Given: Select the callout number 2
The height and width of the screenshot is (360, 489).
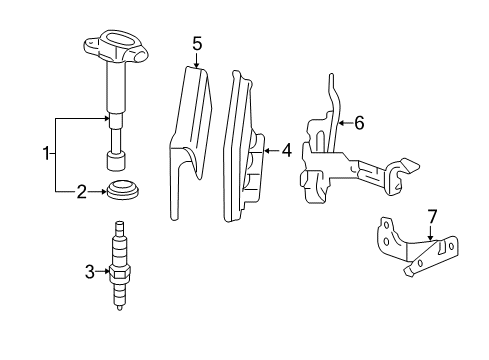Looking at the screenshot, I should (83, 190).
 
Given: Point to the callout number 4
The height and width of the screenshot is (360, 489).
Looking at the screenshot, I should (286, 151).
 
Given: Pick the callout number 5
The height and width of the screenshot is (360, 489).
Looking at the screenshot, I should (197, 43).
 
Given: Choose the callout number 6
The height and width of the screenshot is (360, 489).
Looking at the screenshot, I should (359, 122).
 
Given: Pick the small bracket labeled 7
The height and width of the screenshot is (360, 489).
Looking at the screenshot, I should (420, 250).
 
